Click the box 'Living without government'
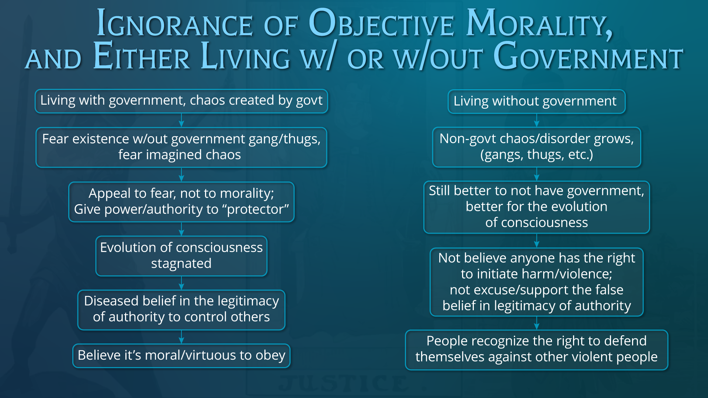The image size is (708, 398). [537, 101]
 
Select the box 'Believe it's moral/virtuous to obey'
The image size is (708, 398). [181, 356]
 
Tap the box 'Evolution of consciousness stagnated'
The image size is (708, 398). [181, 256]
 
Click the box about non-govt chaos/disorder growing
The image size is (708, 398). [537, 147]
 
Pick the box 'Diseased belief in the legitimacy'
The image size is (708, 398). [181, 310]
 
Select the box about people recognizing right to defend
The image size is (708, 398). [537, 350]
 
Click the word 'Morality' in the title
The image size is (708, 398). [539, 24]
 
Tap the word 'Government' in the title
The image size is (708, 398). [588, 56]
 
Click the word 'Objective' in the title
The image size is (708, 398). [381, 23]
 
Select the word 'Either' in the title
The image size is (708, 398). [142, 56]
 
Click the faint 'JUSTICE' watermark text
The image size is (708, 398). [344, 383]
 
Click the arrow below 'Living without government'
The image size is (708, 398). [537, 120]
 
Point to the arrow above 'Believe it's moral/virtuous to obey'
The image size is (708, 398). [181, 337]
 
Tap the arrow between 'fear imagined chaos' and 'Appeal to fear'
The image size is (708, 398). [181, 175]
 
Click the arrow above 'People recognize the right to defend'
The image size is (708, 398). [537, 323]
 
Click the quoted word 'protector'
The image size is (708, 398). [258, 209]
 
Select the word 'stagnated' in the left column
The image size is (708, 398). [181, 264]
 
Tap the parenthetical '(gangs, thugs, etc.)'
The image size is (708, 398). [537, 155]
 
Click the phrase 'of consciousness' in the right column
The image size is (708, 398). [537, 223]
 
